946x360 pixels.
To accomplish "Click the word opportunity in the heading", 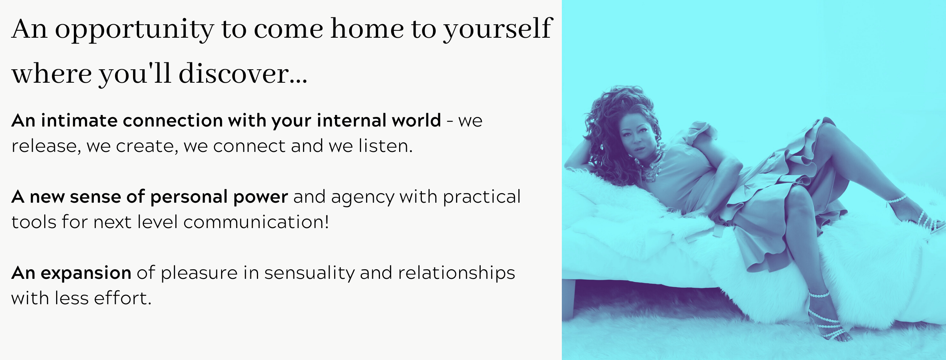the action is (x=134, y=30).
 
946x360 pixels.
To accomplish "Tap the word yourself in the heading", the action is (x=498, y=29).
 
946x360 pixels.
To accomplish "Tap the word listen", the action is (x=386, y=146).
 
